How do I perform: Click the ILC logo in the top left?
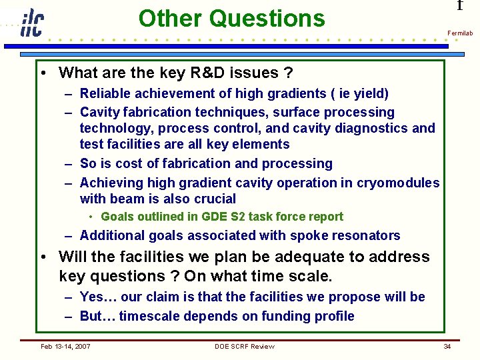click(x=31, y=23)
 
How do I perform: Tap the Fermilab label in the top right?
click(x=460, y=33)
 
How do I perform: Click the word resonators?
click(x=366, y=235)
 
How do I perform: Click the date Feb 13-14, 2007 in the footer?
click(x=66, y=346)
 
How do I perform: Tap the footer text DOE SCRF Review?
click(x=244, y=346)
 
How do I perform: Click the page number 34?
click(x=447, y=346)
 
